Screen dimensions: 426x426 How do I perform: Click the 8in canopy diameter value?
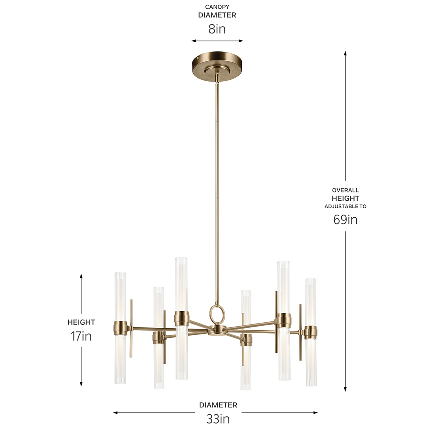point(217,29)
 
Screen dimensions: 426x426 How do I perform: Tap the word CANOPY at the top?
point(217,7)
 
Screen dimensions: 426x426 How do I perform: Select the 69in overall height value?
point(345,220)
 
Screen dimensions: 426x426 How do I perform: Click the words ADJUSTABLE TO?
point(345,206)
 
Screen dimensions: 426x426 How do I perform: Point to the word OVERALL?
point(345,190)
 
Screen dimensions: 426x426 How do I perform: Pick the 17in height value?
point(81,336)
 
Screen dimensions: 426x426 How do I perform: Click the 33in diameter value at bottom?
point(218,419)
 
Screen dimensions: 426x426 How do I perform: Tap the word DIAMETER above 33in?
point(218,405)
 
